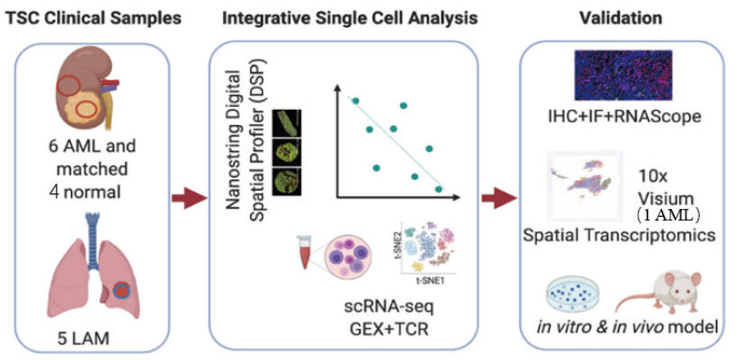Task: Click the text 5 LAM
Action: click(x=79, y=340)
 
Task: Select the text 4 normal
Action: click(x=84, y=192)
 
